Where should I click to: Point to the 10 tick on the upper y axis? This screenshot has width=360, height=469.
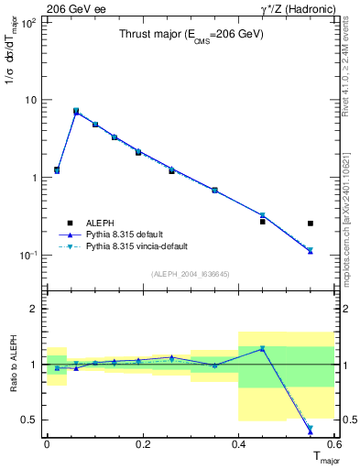[31, 100]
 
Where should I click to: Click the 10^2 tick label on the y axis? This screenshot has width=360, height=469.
[29, 22]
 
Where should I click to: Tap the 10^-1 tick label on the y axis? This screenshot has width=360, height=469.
[28, 256]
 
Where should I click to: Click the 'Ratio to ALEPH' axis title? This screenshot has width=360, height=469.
[13, 365]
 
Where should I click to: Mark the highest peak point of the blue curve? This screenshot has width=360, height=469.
[76, 111]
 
